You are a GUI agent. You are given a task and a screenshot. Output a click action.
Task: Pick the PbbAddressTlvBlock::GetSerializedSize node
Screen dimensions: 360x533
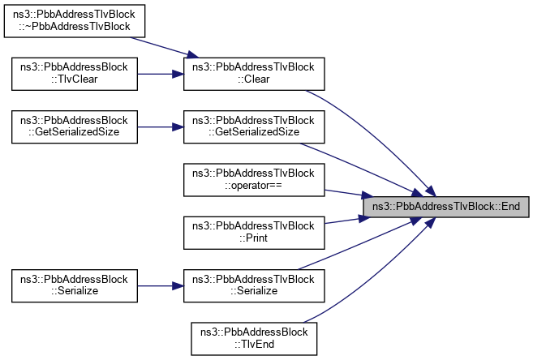click(x=254, y=126)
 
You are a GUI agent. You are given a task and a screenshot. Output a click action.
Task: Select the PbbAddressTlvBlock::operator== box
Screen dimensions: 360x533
click(x=254, y=179)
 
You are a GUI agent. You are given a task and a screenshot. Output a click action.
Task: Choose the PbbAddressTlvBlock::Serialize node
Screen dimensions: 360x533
click(x=254, y=285)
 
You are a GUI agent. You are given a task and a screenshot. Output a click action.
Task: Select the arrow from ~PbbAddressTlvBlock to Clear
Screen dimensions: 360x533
click(x=165, y=45)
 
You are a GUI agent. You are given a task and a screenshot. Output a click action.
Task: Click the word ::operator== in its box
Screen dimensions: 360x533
click(x=254, y=186)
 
